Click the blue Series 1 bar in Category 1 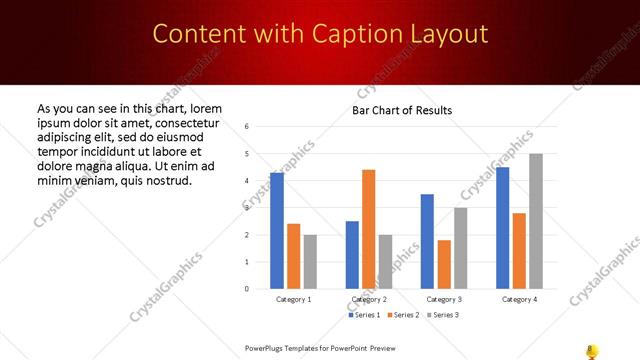point(277,231)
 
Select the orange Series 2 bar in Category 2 point(369,229)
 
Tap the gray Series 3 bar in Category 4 point(536,221)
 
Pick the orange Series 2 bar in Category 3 point(444,264)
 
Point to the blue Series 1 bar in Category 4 point(502,228)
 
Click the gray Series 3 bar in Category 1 point(310,262)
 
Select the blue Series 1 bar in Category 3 point(427,241)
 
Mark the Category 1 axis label point(293,299)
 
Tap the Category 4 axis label point(519,299)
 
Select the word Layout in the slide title point(442,34)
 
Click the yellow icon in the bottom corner point(591,350)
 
